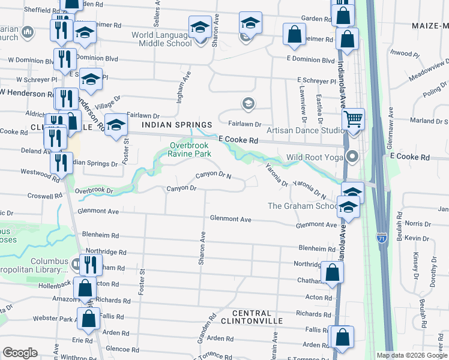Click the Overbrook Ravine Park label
tap(191, 149)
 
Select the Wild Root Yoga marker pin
tap(352, 157)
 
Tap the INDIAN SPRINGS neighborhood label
tap(177, 125)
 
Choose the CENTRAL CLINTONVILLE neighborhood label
tap(252, 317)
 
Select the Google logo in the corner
tap(20, 352)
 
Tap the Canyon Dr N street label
tap(214, 175)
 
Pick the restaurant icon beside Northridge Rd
tap(91, 264)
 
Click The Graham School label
tap(303, 206)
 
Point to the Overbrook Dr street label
tap(95, 190)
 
